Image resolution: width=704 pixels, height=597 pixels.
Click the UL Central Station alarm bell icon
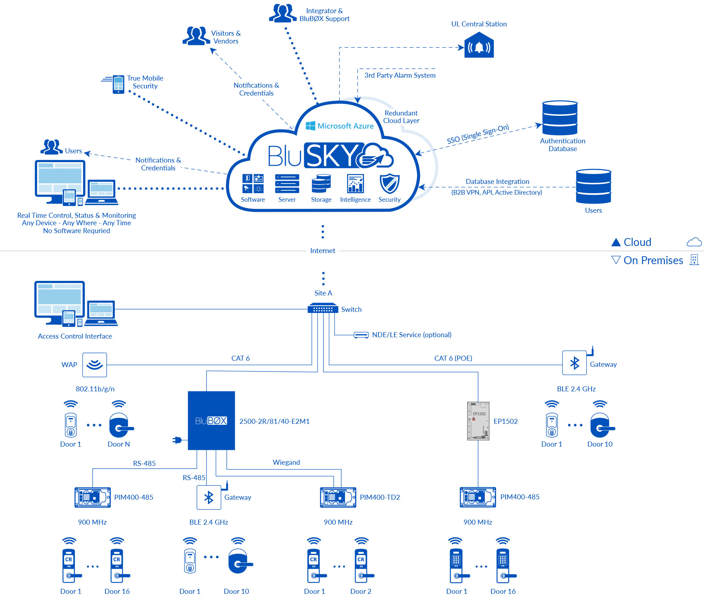479,46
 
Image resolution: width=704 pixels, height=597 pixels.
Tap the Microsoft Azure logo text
345,126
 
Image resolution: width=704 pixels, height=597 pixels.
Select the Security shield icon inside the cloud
389,184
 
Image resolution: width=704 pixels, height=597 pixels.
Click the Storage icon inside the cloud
321,184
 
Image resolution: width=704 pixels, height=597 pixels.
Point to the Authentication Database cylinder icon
560,118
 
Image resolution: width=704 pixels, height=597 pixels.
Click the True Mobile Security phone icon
118,84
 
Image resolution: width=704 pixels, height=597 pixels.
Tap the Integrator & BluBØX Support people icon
282,14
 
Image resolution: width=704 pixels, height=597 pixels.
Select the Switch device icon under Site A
323,308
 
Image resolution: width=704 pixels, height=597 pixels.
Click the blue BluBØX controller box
211,421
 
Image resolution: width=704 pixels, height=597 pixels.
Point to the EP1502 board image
478,421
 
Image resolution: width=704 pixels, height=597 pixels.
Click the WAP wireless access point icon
95,365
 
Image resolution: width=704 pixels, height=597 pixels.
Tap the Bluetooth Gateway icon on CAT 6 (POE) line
574,363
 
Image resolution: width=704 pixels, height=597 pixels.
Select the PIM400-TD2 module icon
338,497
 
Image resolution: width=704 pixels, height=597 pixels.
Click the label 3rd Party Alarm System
400,75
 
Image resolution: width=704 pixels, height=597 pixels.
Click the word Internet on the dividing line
322,251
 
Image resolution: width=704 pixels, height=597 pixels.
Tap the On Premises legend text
653,260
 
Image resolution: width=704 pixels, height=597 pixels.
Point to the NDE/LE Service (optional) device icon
361,335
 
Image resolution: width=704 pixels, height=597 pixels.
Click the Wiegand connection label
286,462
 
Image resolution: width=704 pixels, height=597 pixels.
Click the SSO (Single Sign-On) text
478,134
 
